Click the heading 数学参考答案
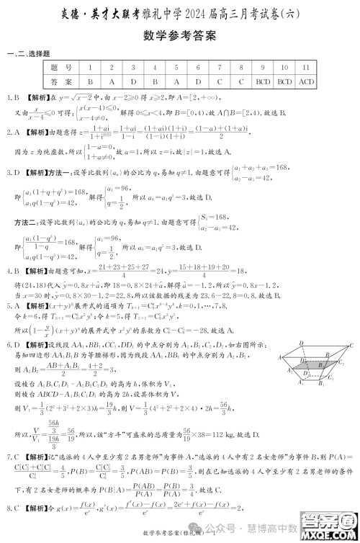(180, 37)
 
